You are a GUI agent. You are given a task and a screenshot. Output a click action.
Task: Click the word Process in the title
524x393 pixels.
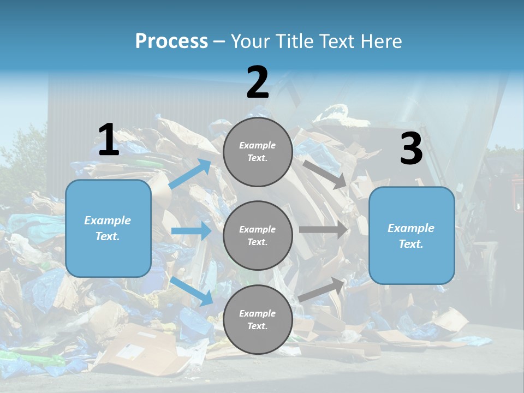click(x=171, y=41)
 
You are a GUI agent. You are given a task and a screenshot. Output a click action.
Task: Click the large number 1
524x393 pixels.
click(x=109, y=140)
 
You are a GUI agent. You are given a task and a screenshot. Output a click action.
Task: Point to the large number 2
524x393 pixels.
click(x=258, y=83)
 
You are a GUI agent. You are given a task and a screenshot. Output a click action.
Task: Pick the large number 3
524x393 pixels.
click(x=411, y=149)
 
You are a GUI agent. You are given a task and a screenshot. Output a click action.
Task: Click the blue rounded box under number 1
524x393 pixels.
click(x=108, y=228)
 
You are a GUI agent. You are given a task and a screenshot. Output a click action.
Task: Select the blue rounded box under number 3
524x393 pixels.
click(x=412, y=236)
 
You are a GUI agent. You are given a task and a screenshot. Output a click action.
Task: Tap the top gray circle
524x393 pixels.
click(x=258, y=152)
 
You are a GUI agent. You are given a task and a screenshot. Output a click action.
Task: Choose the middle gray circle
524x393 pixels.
click(x=258, y=235)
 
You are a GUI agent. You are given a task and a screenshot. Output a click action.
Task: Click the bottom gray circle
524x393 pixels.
click(x=258, y=319)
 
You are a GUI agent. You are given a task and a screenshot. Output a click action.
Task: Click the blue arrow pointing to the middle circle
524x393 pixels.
click(x=191, y=231)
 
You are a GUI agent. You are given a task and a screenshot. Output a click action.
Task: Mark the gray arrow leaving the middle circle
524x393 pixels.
click(x=323, y=230)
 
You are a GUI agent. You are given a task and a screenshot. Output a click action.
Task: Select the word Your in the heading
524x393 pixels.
click(x=251, y=41)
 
